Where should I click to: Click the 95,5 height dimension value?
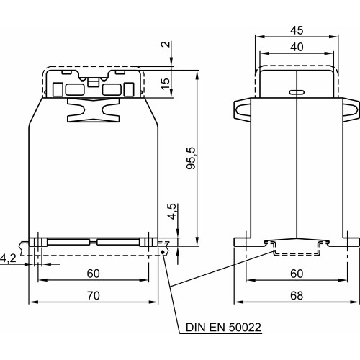click(192, 158)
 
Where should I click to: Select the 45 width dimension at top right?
click(297, 30)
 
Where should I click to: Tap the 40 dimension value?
click(297, 47)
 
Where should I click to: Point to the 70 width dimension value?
click(94, 295)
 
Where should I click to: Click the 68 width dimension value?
click(297, 295)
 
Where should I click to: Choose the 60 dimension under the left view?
click(94, 274)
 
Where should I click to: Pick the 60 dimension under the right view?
click(297, 274)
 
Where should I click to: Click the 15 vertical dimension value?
click(166, 84)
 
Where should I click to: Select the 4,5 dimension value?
click(173, 212)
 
